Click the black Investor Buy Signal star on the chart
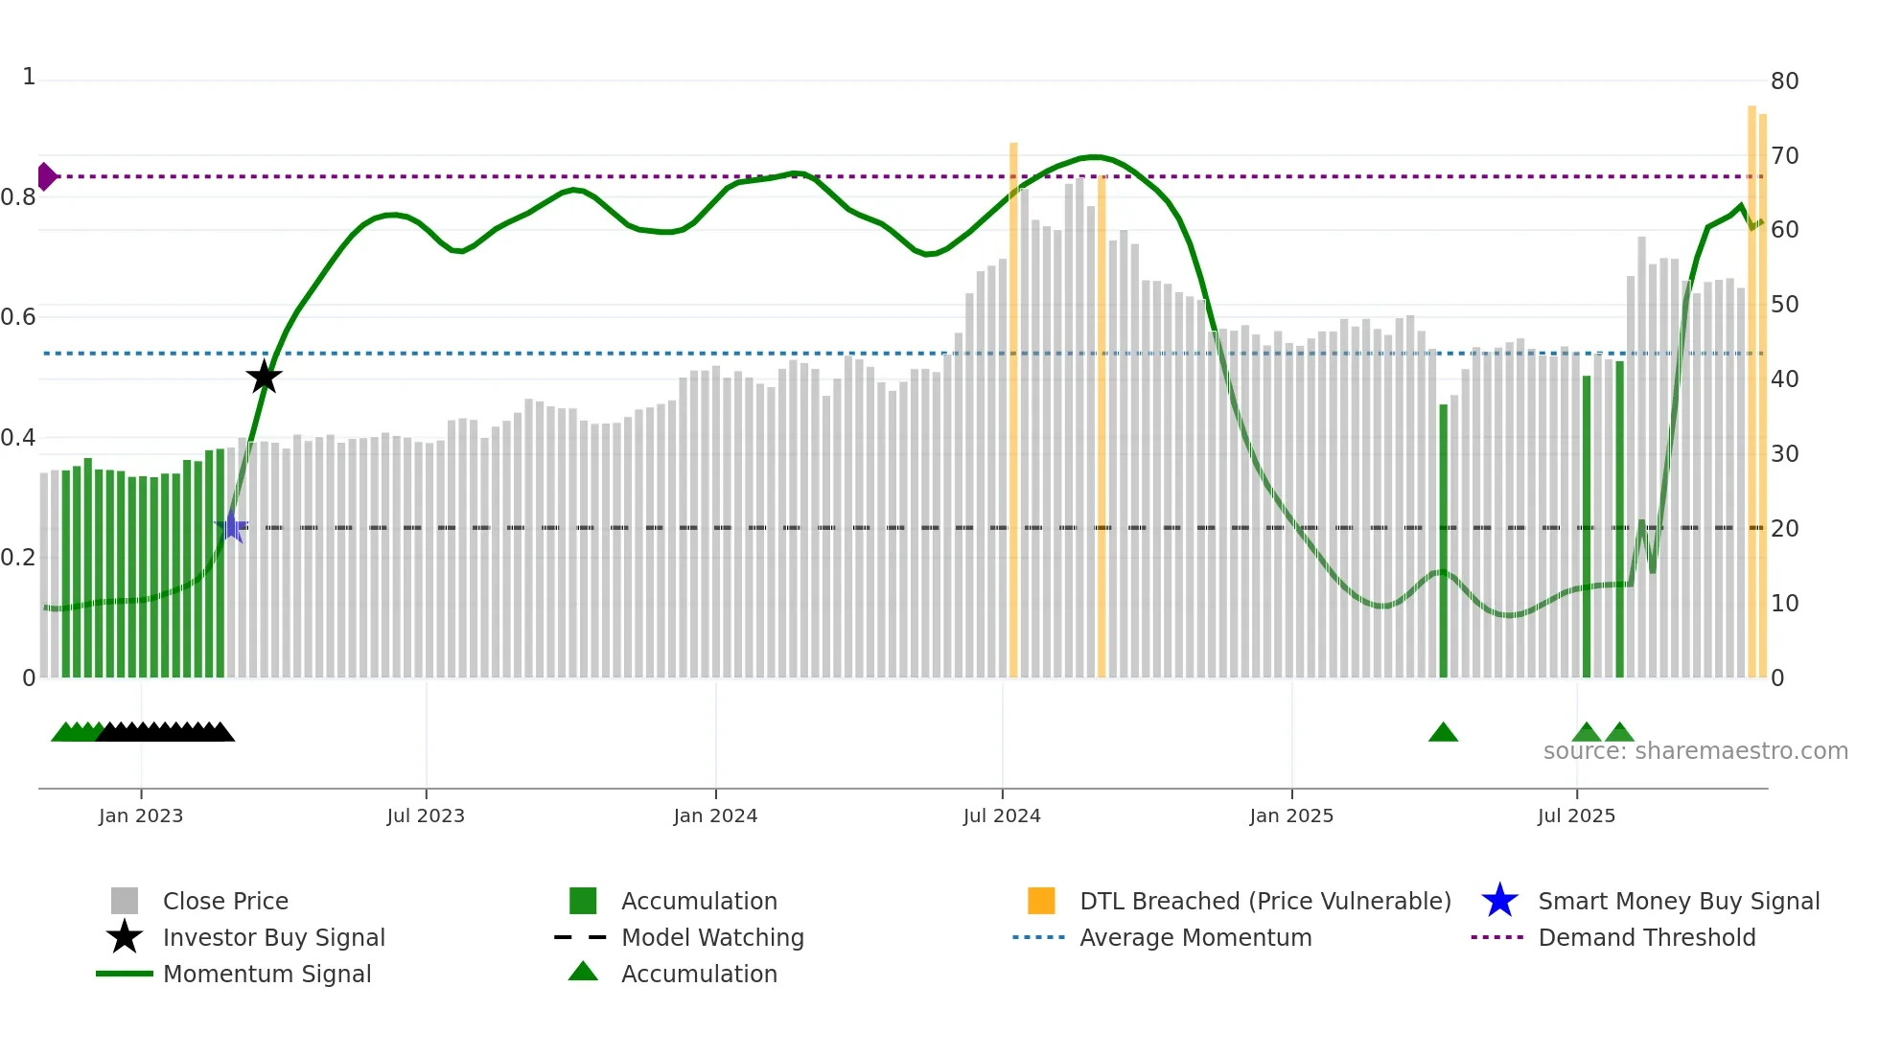pyautogui.click(x=264, y=377)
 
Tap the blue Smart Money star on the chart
pyautogui.click(x=231, y=526)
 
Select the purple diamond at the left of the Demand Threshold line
pyautogui.click(x=46, y=176)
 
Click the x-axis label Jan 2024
pyautogui.click(x=715, y=815)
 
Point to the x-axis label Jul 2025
pyautogui.click(x=1576, y=815)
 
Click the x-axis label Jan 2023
pyautogui.click(x=141, y=815)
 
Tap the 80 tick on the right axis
pyautogui.click(x=1784, y=81)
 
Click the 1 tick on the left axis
pyautogui.click(x=29, y=77)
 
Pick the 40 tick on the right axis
pyautogui.click(x=1784, y=379)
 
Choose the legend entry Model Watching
pyautogui.click(x=711, y=937)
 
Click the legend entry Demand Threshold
pyautogui.click(x=1646, y=937)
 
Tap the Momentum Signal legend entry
pyautogui.click(x=267, y=974)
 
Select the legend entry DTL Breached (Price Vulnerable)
pyautogui.click(x=1264, y=901)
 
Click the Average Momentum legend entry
pyautogui.click(x=1195, y=937)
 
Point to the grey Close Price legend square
pyautogui.click(x=125, y=901)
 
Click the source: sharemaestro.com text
pyautogui.click(x=1695, y=751)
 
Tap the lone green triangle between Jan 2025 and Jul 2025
pyautogui.click(x=1443, y=733)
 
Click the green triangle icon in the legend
pyautogui.click(x=583, y=972)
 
